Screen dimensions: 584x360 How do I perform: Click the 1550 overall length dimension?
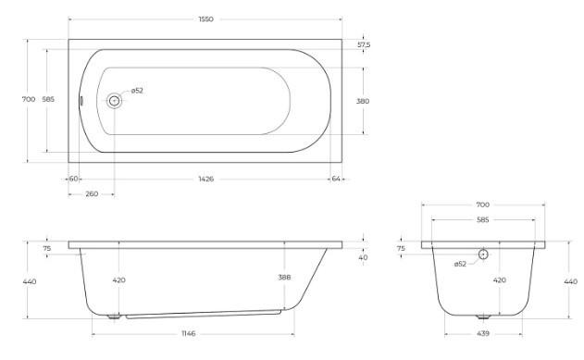pyautogui.click(x=206, y=19)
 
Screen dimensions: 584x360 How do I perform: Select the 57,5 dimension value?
pyautogui.click(x=364, y=44)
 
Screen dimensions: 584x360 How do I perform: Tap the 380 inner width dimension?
pyautogui.click(x=363, y=101)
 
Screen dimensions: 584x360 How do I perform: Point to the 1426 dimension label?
pyautogui.click(x=206, y=179)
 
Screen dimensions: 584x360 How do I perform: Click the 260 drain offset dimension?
pyautogui.click(x=92, y=194)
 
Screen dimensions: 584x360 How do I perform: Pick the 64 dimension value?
pyautogui.click(x=336, y=179)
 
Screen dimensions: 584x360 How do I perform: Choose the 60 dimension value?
pyautogui.click(x=73, y=179)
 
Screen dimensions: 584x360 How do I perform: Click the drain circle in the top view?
pyautogui.click(x=114, y=101)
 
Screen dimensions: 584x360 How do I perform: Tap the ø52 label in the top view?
pyautogui.click(x=137, y=91)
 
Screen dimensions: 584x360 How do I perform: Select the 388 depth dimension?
pyautogui.click(x=284, y=278)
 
